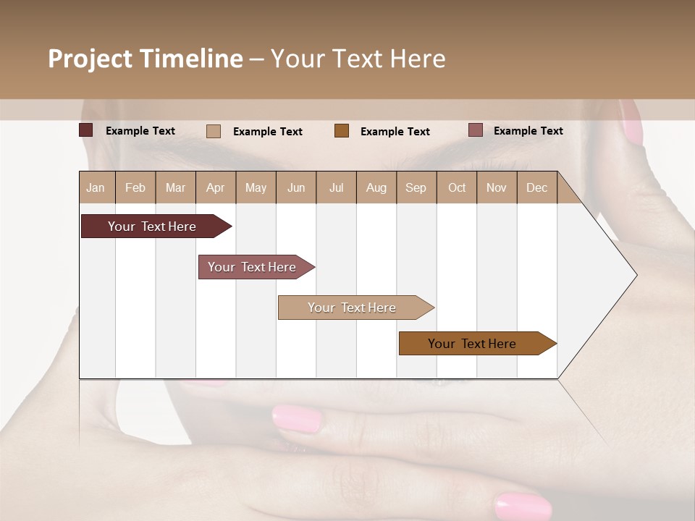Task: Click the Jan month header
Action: click(96, 187)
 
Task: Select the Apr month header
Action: click(216, 187)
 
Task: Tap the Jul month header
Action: click(336, 187)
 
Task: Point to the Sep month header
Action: click(416, 187)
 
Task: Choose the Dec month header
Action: click(536, 187)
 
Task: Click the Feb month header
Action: click(135, 187)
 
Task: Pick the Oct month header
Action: click(457, 187)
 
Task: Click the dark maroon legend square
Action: click(86, 130)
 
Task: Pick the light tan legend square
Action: click(214, 131)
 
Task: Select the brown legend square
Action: click(342, 131)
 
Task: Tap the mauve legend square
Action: click(476, 130)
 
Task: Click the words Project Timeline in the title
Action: click(146, 59)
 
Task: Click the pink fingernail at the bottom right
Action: click(523, 506)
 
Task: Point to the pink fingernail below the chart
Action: click(296, 419)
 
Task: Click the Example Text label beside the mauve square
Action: click(528, 131)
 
